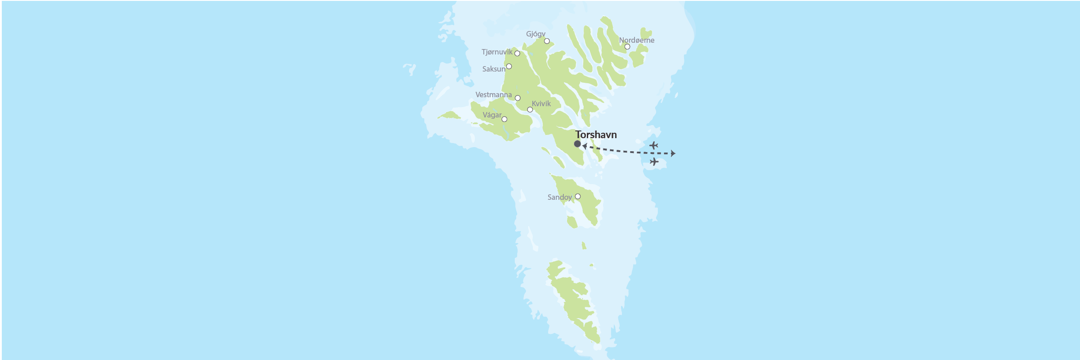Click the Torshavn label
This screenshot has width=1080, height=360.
coord(596,135)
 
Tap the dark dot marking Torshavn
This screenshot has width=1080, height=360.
coord(577,144)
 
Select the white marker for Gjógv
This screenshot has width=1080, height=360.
coord(547,41)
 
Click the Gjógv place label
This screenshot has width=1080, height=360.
coord(535,34)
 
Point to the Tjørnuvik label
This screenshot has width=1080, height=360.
coord(497,52)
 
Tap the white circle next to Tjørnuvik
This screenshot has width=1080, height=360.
coord(517,54)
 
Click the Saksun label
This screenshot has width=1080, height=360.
coord(494,69)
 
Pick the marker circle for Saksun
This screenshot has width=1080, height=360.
coord(509,67)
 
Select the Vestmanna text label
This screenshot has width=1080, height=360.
coord(494,95)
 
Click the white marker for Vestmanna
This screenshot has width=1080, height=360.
coord(517,98)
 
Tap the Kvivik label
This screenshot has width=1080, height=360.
coord(541,103)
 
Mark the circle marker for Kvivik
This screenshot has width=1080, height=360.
coord(530,110)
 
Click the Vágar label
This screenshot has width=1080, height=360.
coord(492,115)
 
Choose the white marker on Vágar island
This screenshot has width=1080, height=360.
coord(504,119)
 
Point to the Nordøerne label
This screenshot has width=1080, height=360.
coord(636,40)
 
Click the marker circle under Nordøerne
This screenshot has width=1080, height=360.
coord(627,47)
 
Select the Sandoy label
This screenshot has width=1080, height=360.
coord(559,197)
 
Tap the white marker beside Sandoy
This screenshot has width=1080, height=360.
coord(578,197)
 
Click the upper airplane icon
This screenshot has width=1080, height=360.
coord(654,145)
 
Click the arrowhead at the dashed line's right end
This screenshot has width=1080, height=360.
coord(673,153)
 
